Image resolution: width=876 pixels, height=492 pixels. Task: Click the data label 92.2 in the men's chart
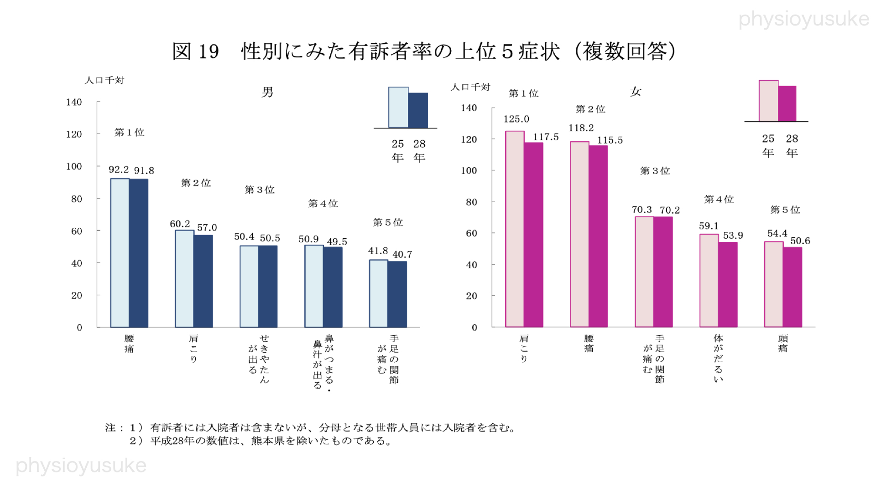[119, 169]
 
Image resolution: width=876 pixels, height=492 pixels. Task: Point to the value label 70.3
[641, 210]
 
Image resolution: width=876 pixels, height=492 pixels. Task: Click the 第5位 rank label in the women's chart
[785, 210]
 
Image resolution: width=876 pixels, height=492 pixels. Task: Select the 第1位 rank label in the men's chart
[129, 132]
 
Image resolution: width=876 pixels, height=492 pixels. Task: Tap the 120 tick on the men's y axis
[74, 134]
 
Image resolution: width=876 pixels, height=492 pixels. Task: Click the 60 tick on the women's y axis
[471, 233]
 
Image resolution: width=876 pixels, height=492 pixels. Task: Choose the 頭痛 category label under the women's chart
[783, 343]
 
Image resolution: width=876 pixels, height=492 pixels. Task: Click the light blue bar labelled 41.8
[378, 293]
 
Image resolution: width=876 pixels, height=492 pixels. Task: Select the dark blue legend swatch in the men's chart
[418, 110]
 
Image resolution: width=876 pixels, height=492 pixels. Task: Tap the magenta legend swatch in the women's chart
[787, 103]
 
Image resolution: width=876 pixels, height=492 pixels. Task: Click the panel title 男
[267, 92]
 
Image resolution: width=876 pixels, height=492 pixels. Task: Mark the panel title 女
[636, 92]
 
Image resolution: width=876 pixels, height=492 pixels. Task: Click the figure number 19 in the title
[209, 51]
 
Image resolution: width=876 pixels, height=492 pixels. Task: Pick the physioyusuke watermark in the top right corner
[803, 19]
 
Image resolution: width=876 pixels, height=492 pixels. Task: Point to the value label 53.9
[733, 235]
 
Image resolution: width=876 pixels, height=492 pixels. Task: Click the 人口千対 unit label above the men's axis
[104, 80]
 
